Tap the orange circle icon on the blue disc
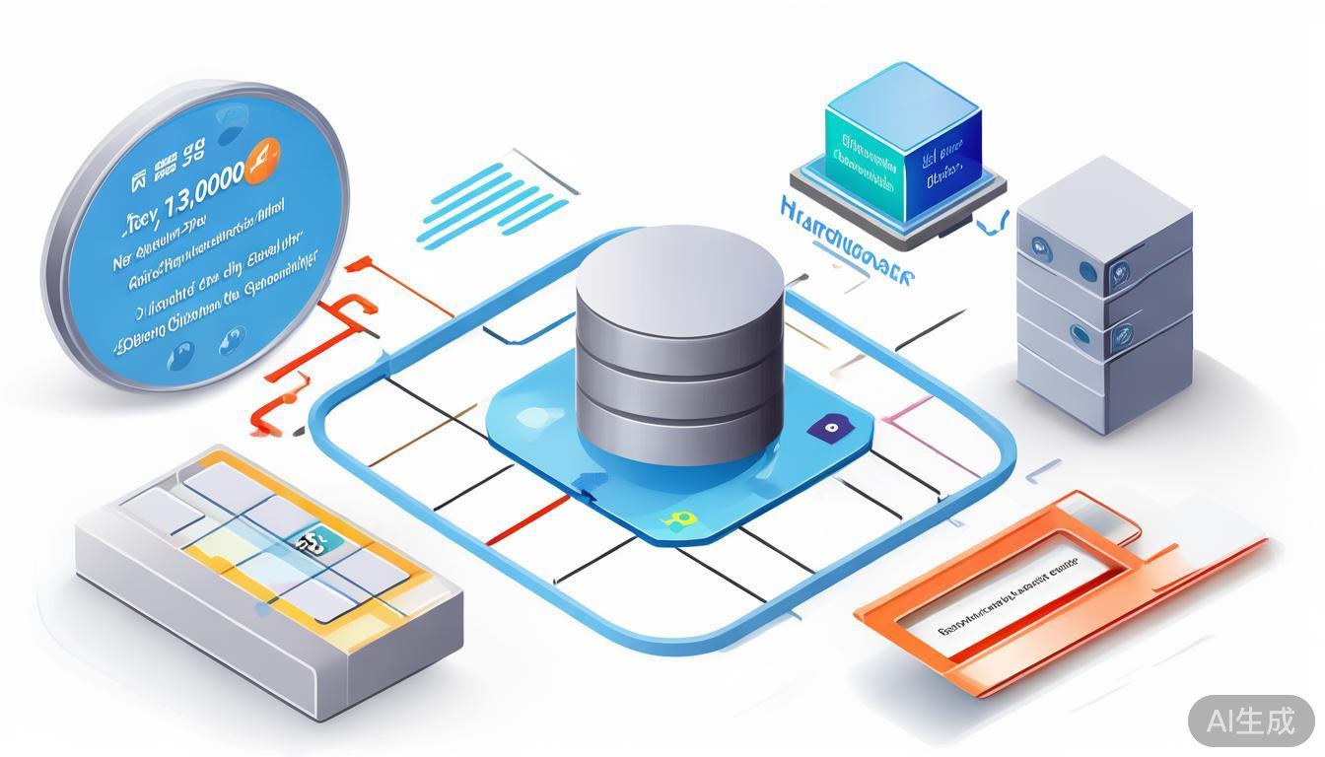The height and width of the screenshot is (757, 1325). [261, 158]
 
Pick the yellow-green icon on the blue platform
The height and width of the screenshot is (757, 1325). [676, 519]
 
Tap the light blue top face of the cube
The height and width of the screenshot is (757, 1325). [902, 94]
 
